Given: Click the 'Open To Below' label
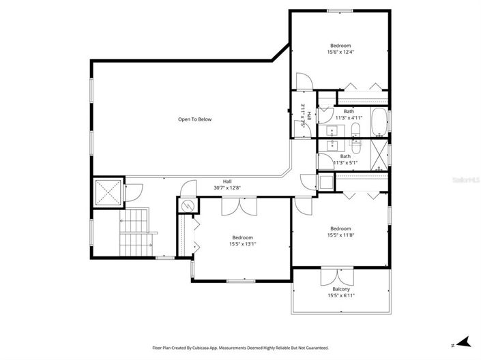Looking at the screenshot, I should click(x=194, y=119).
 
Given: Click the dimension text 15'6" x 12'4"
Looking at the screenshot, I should click(x=340, y=52).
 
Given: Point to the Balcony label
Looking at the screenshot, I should click(x=341, y=288).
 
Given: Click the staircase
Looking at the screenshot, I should click(x=135, y=230).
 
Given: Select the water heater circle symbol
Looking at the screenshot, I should click(x=186, y=207).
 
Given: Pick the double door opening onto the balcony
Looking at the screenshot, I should click(x=332, y=278).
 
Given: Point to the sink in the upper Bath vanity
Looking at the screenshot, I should click(x=333, y=129).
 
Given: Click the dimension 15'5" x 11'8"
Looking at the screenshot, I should click(x=340, y=235).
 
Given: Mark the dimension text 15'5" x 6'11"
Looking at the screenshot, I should click(x=341, y=295).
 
